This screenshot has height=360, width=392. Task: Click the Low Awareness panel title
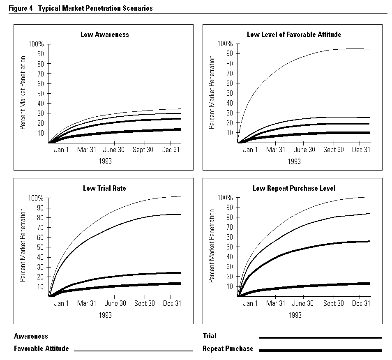tap(104, 35)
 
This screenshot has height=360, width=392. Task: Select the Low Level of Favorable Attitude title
tap(294, 35)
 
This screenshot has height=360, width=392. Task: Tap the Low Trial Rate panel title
tap(104, 188)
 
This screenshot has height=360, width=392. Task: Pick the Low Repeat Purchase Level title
tap(294, 188)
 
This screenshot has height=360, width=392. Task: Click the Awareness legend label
tap(31, 336)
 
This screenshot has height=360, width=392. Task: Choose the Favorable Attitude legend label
tap(41, 348)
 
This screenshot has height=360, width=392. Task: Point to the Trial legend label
tap(210, 336)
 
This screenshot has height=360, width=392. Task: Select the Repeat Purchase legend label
tap(228, 348)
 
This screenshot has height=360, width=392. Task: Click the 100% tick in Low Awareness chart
tap(36, 44)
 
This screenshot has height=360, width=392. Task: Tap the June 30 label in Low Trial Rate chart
tap(115, 304)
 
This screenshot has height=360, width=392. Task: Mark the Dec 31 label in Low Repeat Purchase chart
tap(361, 304)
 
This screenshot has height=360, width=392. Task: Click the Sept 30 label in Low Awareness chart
tap(143, 150)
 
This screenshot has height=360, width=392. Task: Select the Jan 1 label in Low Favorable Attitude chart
tap(250, 150)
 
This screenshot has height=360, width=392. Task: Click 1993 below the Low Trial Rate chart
tap(106, 315)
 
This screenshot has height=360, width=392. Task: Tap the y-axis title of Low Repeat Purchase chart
tap(212, 246)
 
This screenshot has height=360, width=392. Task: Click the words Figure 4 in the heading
tap(21, 8)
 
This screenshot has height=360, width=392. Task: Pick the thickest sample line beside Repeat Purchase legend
tap(321, 350)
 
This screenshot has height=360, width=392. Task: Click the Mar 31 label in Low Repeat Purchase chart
tap(275, 304)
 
